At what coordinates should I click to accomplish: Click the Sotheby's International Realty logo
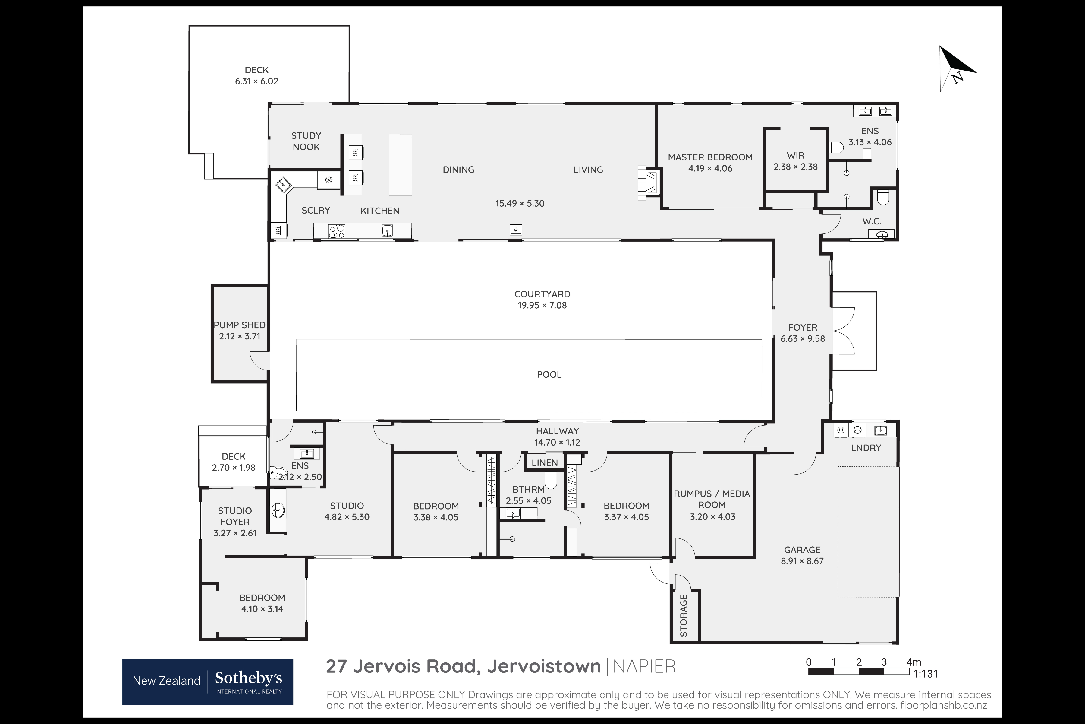point(208,681)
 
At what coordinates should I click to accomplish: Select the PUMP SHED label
point(239,325)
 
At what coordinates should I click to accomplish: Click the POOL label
point(549,374)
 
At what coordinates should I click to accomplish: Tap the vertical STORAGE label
point(684,615)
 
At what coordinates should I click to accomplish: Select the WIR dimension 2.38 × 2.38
point(795,167)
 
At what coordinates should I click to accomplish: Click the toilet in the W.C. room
point(882,197)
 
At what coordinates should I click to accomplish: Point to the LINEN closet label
point(544,463)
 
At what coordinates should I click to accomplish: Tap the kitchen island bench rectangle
point(400,164)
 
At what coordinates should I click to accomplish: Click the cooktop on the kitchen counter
point(336,230)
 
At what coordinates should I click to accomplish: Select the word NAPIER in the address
point(644,666)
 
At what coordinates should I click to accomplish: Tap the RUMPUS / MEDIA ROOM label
point(712,499)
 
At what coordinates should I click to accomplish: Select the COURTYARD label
point(542,294)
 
